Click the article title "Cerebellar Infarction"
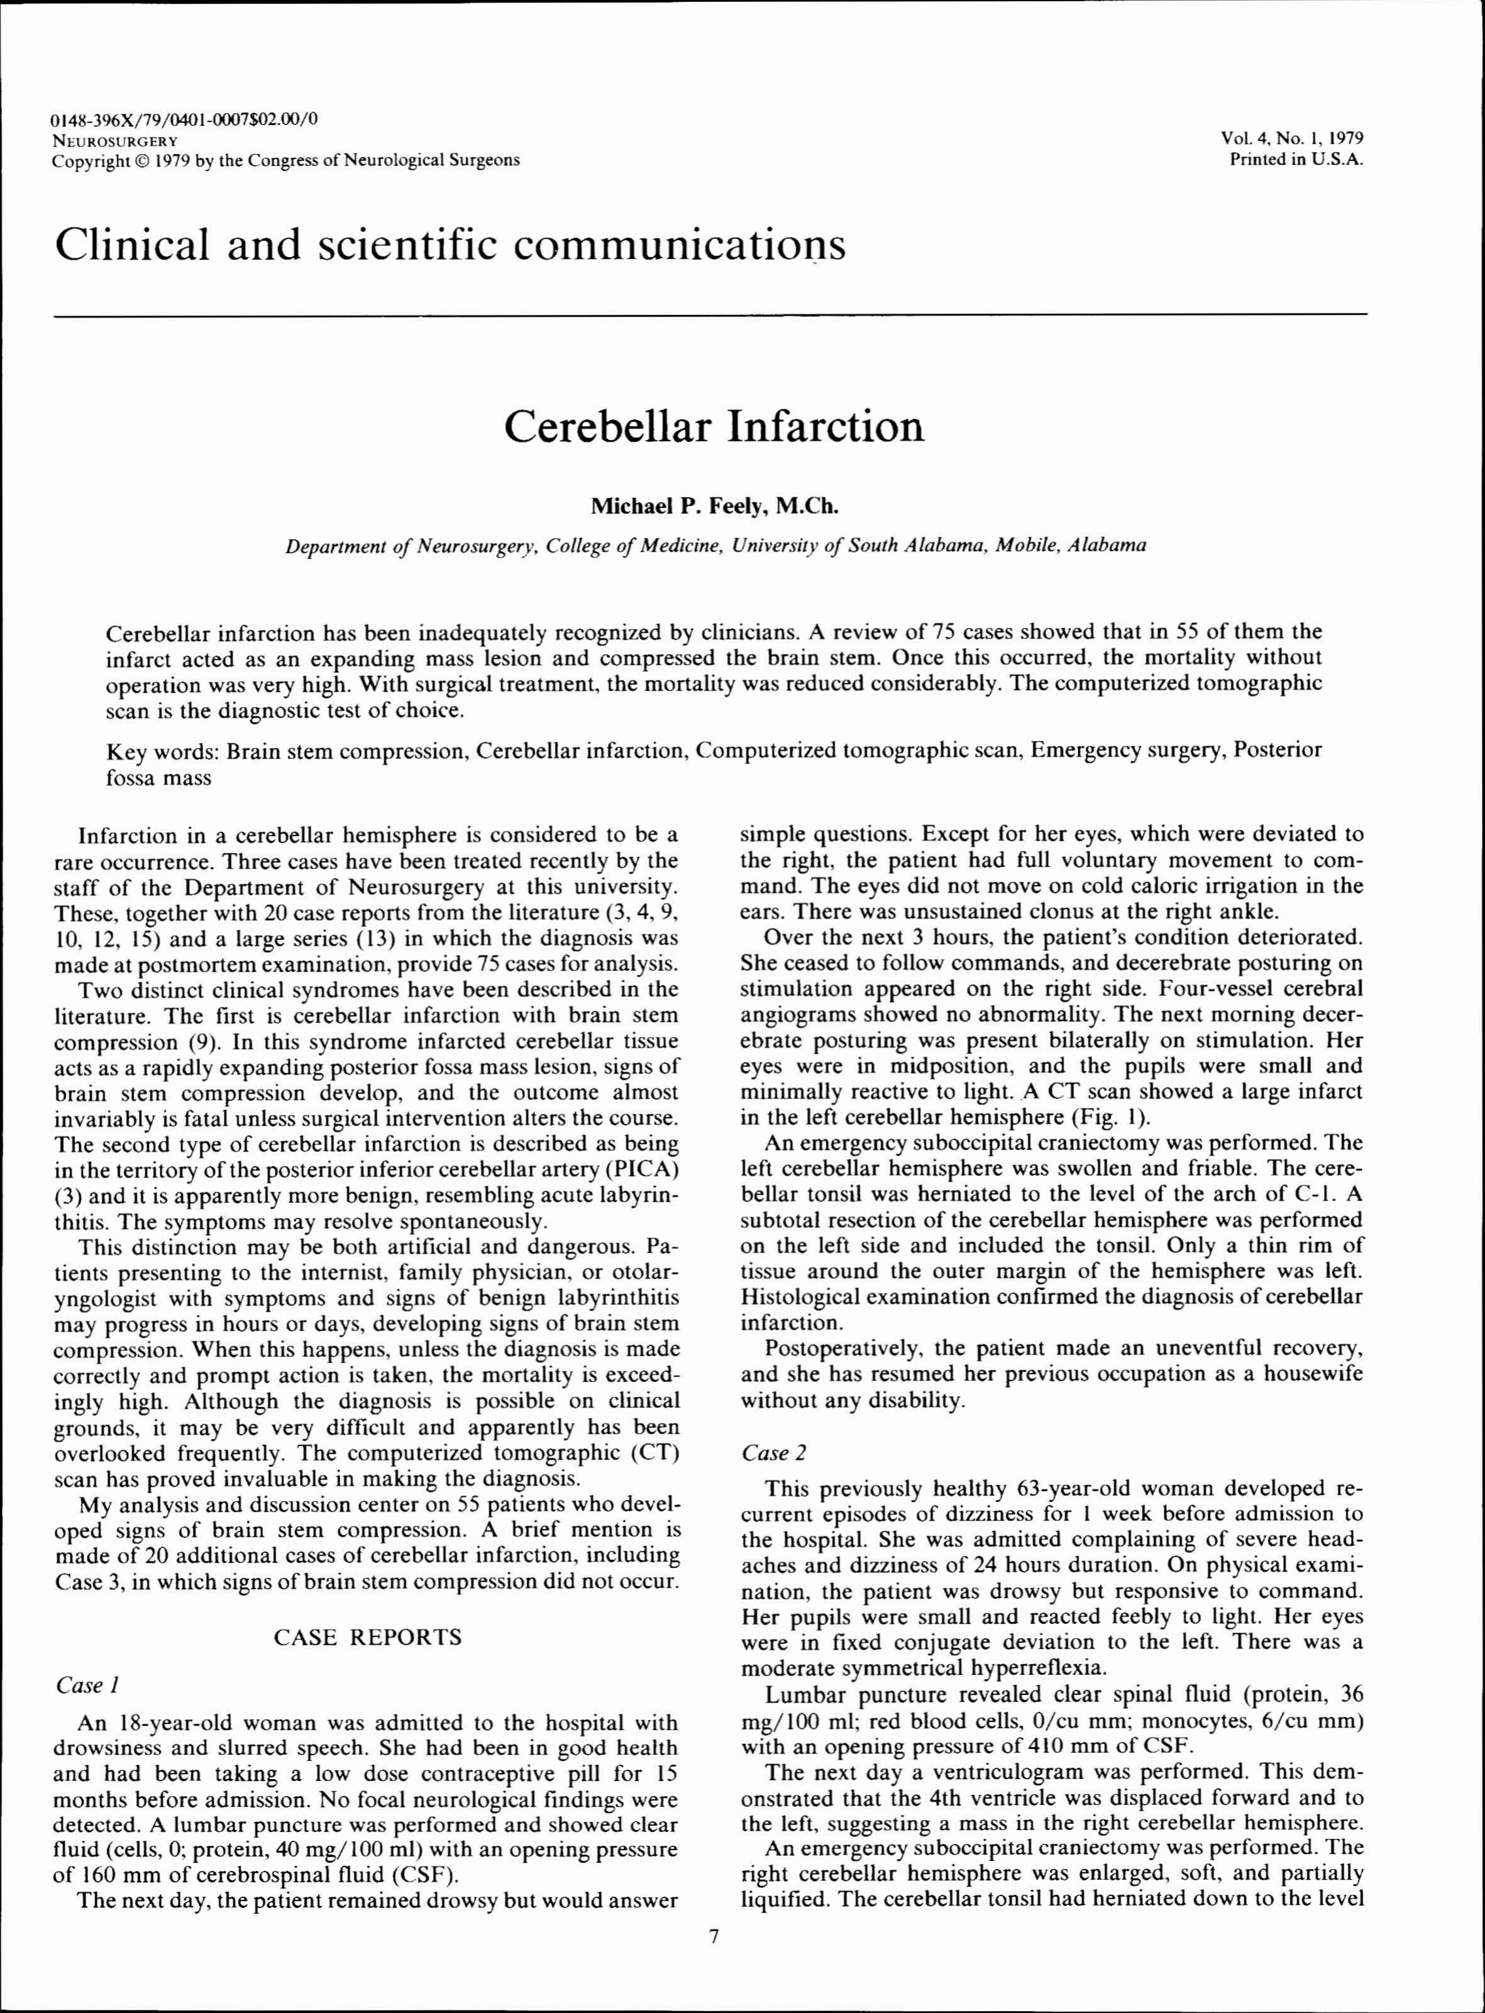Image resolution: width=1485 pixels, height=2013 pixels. (x=714, y=427)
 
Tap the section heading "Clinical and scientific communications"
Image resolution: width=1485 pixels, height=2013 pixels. (x=450, y=244)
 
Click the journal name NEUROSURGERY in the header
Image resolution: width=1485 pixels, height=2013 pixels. (x=115, y=140)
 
